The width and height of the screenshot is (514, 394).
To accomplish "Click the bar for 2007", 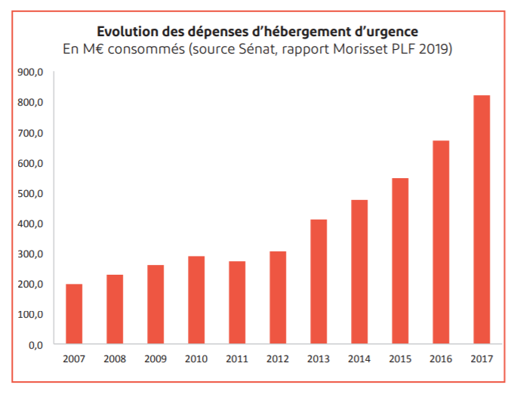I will click(x=74, y=314).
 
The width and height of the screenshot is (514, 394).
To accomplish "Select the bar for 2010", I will click(x=196, y=300).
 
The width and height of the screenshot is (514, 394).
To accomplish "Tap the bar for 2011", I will click(x=237, y=303).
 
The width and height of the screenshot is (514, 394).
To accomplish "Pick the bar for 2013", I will click(x=319, y=282).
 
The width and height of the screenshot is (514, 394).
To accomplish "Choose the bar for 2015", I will click(x=400, y=261).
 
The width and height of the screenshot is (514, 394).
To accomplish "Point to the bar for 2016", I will click(x=441, y=242).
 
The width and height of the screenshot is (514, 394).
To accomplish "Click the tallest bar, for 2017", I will click(x=482, y=220).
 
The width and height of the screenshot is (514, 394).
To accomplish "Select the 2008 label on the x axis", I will click(x=115, y=359).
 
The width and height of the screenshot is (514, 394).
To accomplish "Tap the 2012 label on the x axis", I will click(x=278, y=359).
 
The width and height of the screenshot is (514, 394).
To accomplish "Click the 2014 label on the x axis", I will click(x=359, y=359).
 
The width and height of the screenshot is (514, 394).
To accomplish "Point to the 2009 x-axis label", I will click(x=155, y=359).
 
